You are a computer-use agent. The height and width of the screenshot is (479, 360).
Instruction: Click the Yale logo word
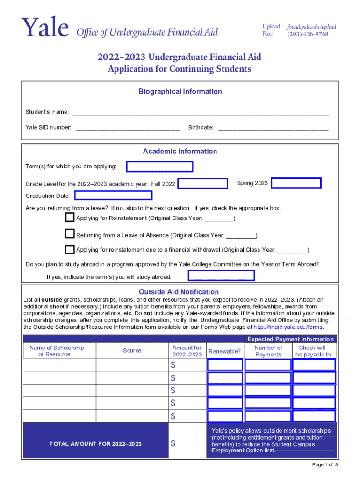pyautogui.click(x=44, y=29)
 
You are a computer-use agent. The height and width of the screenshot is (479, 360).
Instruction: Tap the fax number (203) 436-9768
pyautogui.click(x=308, y=34)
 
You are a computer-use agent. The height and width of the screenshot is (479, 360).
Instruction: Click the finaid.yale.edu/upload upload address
pyautogui.click(x=312, y=27)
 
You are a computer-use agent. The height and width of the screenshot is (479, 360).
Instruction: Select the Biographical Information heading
pyautogui.click(x=180, y=92)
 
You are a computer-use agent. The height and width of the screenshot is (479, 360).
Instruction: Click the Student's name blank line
pyautogui.click(x=200, y=112)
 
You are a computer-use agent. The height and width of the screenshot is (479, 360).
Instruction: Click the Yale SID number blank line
pyautogui.click(x=128, y=128)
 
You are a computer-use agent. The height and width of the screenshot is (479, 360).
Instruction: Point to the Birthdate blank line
pyautogui.click(x=273, y=128)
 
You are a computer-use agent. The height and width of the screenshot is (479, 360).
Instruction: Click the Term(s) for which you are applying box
pyautogui.click(x=160, y=167)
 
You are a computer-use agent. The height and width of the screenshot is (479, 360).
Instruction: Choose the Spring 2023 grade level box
pyautogui.click(x=296, y=183)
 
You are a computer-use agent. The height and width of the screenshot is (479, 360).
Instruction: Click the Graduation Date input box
pyautogui.click(x=113, y=196)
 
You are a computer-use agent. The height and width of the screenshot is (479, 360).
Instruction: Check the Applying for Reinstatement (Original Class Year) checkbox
pyautogui.click(x=70, y=218)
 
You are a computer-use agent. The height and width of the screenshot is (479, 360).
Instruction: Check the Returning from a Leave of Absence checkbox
pyautogui.click(x=70, y=234)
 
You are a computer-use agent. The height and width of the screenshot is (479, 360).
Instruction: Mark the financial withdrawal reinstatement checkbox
pyautogui.click(x=70, y=249)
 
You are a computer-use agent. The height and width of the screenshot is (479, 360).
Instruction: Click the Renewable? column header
pyautogui.click(x=225, y=351)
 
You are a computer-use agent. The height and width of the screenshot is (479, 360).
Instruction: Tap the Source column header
pyautogui.click(x=132, y=350)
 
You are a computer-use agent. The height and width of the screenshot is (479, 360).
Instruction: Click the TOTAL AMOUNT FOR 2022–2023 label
pyautogui.click(x=95, y=443)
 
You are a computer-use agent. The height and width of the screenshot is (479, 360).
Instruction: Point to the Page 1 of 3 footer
pyautogui.click(x=325, y=464)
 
